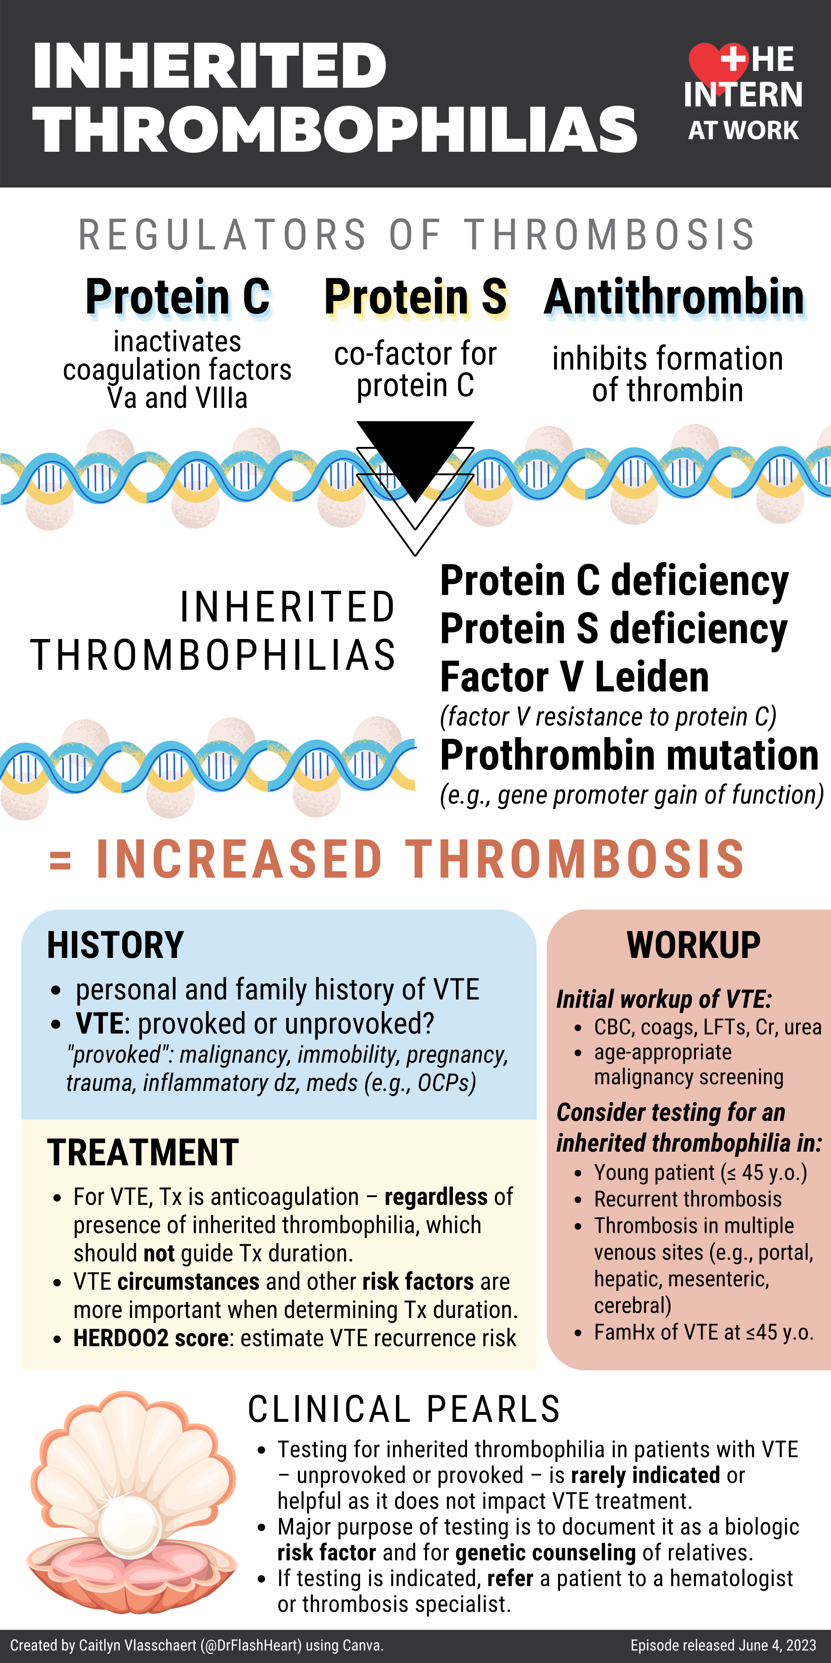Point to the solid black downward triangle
coord(415,452)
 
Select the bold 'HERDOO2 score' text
coord(151,1338)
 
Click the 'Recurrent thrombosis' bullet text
coord(688,1199)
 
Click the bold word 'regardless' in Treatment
coord(435,1197)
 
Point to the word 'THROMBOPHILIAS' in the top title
coord(335,129)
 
